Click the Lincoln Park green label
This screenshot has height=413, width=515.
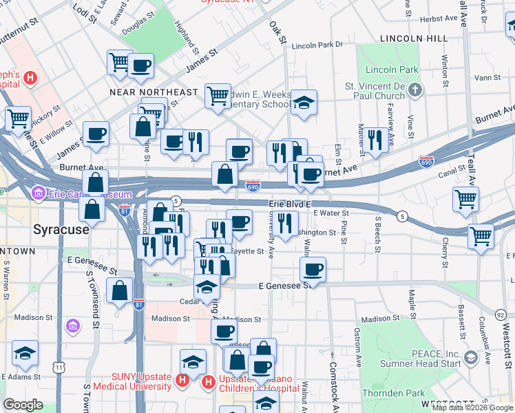click(x=392, y=70)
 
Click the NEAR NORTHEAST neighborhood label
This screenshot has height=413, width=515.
click(x=154, y=92)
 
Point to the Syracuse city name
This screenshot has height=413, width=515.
click(x=61, y=229)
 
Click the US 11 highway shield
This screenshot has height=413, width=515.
click(x=59, y=368)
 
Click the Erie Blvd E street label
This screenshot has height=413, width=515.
click(x=290, y=204)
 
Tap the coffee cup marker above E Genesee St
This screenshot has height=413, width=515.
click(x=313, y=268)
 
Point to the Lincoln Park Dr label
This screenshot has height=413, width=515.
click(x=317, y=45)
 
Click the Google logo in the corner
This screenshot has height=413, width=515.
click(x=23, y=405)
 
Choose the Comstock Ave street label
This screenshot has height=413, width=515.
click(x=333, y=385)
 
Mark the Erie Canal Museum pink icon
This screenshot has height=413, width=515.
click(x=38, y=193)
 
